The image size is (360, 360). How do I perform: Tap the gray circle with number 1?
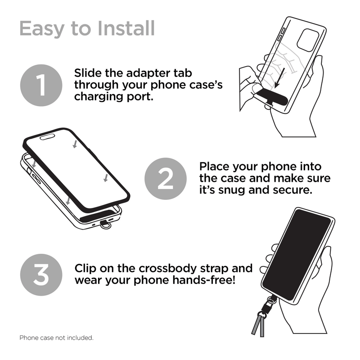coord(41,85)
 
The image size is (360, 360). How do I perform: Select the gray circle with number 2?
coord(165,179)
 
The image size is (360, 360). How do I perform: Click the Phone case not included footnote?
coord(56,337)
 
